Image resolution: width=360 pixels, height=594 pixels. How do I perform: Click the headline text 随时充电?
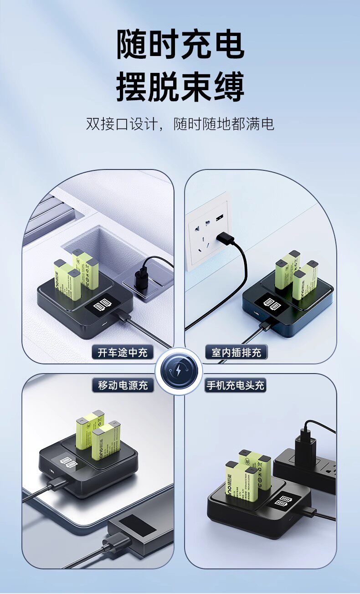(180, 45)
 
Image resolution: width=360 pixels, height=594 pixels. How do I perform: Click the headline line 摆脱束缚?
(180, 87)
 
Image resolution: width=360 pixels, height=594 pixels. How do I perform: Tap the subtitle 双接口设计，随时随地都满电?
(180, 124)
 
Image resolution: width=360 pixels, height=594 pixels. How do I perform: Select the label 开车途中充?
(123, 352)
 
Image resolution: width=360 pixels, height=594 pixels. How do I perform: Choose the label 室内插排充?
(236, 352)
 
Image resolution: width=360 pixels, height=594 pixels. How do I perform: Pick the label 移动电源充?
(123, 385)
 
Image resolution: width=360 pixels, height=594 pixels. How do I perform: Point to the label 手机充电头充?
(235, 385)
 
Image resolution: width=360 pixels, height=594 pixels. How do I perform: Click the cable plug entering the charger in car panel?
(122, 316)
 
